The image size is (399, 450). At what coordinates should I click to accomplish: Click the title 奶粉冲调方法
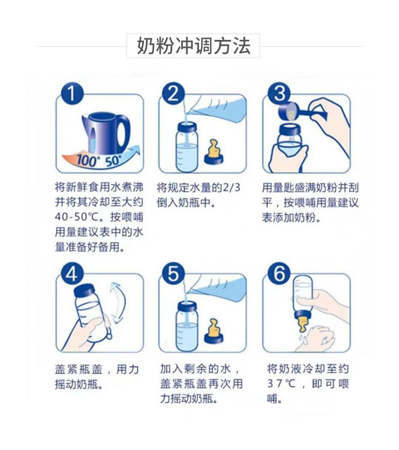193,46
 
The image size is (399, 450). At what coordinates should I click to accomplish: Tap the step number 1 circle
72,94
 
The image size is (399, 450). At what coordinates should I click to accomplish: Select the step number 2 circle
173,93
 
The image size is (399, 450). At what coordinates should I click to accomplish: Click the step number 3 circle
280,93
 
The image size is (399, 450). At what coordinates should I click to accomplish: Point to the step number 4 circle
72,274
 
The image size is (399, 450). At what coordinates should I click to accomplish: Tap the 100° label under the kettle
86,161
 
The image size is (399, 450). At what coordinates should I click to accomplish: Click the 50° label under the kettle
113,161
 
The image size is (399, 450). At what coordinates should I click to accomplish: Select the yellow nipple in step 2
214,151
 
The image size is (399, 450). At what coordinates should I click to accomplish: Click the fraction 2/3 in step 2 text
231,188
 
